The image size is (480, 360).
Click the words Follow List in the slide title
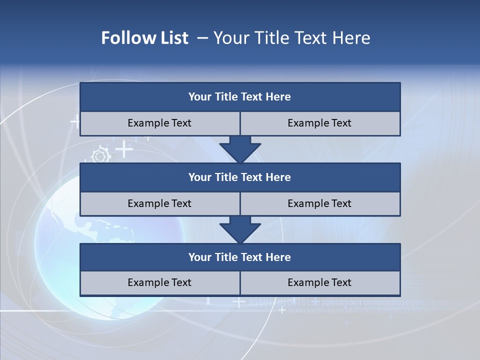144,38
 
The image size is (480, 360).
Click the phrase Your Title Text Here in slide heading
292,38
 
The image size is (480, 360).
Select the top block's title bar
240,97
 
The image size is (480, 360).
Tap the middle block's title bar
240,177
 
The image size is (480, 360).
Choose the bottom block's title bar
240,257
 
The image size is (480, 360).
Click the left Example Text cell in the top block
159,123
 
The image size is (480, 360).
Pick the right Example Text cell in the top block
319,123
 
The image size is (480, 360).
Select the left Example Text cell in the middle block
159,203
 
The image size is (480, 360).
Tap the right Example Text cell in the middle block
319,203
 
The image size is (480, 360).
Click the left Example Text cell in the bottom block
159,282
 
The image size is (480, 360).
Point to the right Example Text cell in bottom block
319,282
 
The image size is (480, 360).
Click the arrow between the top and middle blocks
240,149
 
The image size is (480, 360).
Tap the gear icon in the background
100,155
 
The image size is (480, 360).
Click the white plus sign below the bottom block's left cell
239,302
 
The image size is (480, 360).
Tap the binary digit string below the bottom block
350,303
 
